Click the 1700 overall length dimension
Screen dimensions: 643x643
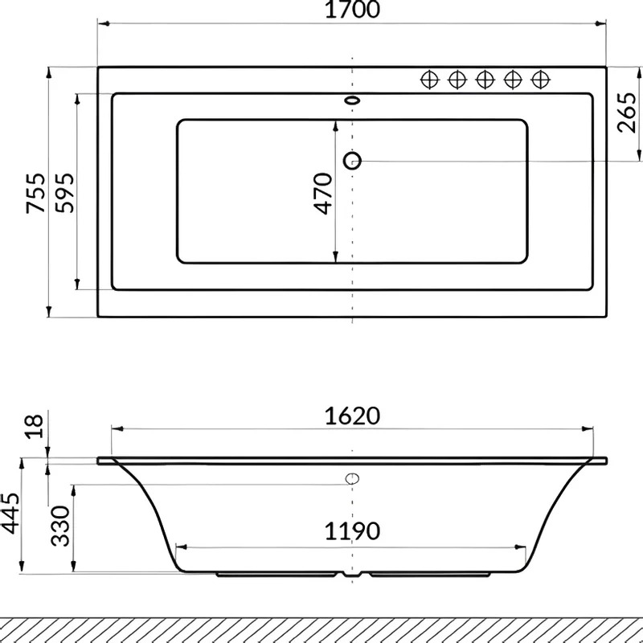(x=352, y=10)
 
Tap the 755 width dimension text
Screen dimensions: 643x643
(x=35, y=193)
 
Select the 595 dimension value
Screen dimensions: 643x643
(x=65, y=193)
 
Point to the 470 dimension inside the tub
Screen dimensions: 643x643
(x=323, y=194)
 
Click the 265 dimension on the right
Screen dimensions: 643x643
(x=628, y=113)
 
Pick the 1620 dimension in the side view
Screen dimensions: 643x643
(x=352, y=416)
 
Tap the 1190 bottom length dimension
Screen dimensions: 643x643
(x=352, y=531)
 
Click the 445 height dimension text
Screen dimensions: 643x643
(x=10, y=513)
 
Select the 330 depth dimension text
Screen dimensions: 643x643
(x=60, y=526)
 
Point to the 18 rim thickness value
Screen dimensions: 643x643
(x=34, y=427)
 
